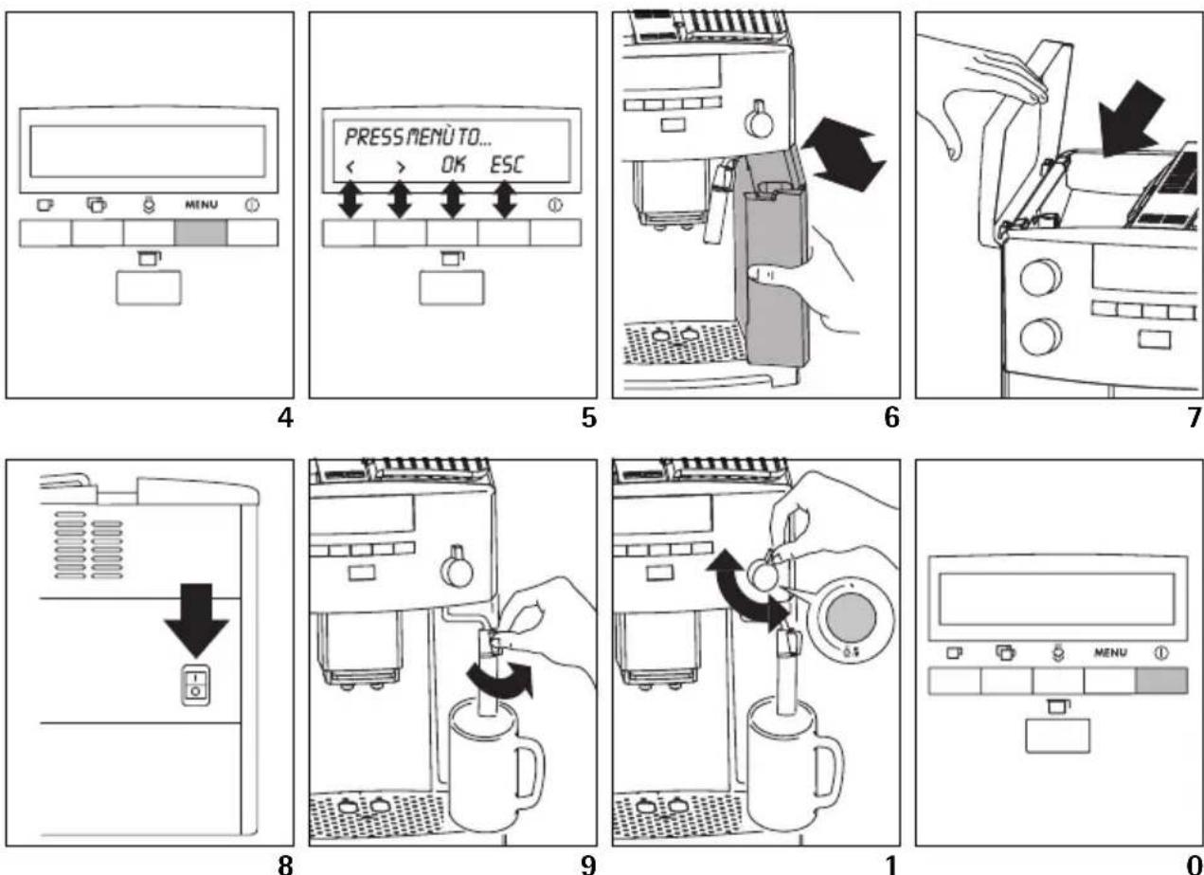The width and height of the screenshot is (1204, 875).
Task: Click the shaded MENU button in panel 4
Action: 201,233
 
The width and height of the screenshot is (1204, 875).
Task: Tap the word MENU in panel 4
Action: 202,205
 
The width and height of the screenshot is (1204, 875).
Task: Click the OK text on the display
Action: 453,165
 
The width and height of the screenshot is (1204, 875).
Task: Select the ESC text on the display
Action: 507,165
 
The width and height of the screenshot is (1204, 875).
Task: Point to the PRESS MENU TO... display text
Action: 418,137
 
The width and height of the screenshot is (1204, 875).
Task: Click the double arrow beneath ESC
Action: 505,200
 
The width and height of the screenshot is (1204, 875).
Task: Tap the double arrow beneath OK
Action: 453,200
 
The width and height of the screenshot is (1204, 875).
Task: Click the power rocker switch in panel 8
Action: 196,685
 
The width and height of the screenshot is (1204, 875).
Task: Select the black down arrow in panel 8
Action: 197,620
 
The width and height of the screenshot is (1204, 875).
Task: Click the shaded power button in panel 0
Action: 1162,681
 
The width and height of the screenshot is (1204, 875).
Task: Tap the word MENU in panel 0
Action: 1110,653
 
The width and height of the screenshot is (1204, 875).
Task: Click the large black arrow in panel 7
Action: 1129,119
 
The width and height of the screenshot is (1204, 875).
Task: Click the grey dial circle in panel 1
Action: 851,618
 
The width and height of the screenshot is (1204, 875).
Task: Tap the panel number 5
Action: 588,417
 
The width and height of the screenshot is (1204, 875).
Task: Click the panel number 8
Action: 285,865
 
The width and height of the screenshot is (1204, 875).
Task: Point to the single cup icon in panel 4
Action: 45,205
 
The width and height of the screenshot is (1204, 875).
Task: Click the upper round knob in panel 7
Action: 1041,278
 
